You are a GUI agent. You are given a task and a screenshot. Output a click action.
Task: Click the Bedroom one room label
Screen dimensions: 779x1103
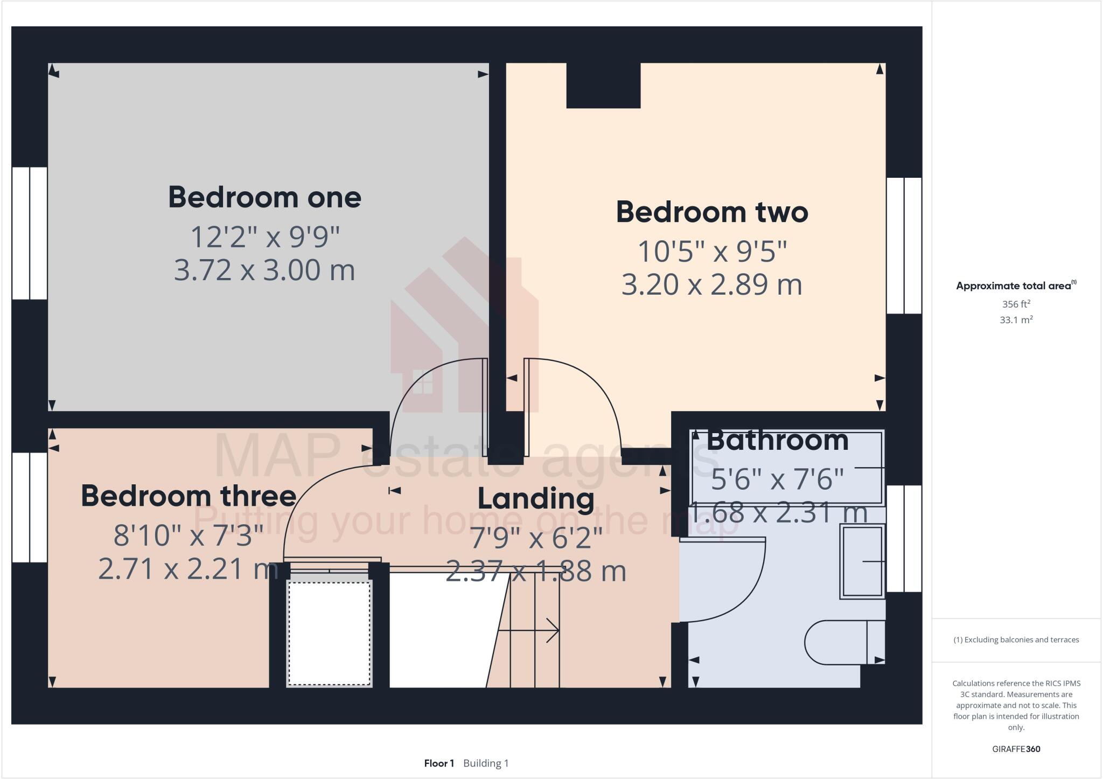tap(264, 197)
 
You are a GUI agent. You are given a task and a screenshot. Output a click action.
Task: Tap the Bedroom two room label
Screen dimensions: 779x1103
tap(711, 212)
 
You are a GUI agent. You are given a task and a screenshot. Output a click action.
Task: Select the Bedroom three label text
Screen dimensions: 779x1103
tap(189, 496)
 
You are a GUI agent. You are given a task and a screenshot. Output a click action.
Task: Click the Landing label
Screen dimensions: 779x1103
tap(536, 498)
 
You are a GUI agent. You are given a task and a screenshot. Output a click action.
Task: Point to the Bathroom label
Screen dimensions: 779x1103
tap(777, 441)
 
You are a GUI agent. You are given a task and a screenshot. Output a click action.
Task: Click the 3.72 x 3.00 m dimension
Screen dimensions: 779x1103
tap(264, 270)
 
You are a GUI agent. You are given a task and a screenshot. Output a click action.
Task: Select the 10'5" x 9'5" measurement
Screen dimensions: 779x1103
tap(711, 252)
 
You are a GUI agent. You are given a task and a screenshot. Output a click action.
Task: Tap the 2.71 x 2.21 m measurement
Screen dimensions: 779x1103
tap(189, 569)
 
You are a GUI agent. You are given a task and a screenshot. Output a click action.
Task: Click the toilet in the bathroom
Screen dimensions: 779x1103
tap(840, 642)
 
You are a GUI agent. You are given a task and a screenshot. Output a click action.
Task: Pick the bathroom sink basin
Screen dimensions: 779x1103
tap(862, 561)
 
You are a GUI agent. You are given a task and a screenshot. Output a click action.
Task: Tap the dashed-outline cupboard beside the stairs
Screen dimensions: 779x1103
tap(330, 632)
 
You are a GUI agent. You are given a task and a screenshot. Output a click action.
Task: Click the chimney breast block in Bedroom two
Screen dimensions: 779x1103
tap(603, 86)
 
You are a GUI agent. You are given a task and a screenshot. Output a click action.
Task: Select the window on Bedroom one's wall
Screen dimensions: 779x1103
tap(30, 233)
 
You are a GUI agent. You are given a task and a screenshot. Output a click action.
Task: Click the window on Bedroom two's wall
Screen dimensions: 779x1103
tap(904, 246)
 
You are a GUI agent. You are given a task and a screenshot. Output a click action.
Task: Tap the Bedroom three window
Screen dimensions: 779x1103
tap(30, 507)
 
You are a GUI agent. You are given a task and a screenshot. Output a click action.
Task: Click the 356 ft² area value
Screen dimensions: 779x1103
tap(1016, 304)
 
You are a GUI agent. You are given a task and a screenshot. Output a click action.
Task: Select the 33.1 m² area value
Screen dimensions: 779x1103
tap(1016, 320)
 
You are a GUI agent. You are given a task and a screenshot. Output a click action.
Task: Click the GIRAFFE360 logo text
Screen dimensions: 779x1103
tap(1016, 749)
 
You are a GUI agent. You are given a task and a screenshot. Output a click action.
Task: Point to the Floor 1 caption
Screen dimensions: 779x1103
tap(439, 763)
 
